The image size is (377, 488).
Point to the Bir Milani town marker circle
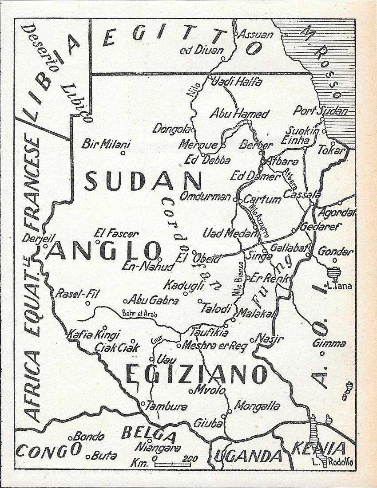pyautogui.click(x=123, y=153)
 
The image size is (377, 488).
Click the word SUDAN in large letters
pyautogui.click(x=143, y=181)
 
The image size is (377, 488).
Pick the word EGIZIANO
pyautogui.click(x=196, y=374)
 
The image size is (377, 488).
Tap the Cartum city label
pyautogui.click(x=262, y=199)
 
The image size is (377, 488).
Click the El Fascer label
pyautogui.click(x=116, y=233)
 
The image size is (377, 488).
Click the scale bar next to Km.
pyautogui.click(x=173, y=464)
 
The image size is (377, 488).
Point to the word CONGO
pyautogui.click(x=49, y=452)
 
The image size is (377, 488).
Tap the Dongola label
pyautogui.click(x=171, y=129)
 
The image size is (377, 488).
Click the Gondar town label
pyautogui.click(x=336, y=252)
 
